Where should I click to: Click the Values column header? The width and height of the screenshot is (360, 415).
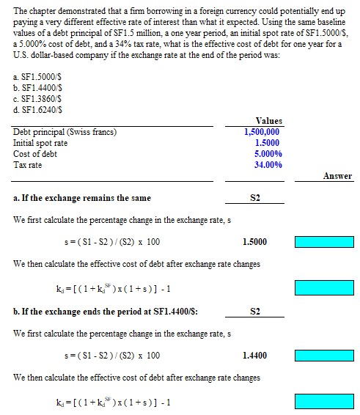(269, 121)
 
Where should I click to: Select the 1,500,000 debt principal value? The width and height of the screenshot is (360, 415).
(262, 132)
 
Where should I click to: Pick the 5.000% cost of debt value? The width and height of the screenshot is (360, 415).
(268, 154)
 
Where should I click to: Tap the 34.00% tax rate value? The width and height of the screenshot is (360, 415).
(268, 165)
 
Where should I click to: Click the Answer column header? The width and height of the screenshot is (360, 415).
(337, 176)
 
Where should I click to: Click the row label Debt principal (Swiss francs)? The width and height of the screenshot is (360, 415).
(65, 132)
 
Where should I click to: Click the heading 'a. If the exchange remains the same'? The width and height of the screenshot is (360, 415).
(82, 198)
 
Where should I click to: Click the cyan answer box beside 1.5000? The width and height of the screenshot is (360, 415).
(323, 242)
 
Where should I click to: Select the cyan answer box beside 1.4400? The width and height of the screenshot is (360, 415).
(323, 356)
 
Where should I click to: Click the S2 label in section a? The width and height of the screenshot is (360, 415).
(255, 198)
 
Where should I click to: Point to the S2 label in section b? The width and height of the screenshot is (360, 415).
(255, 312)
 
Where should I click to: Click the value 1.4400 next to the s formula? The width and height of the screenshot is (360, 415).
(254, 356)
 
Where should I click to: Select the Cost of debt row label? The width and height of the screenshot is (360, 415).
(35, 154)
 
